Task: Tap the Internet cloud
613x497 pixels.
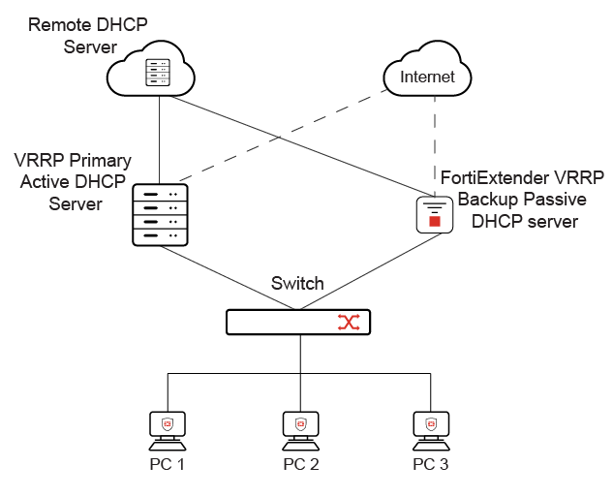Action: coord(427,76)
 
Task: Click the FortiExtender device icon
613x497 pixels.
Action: coord(435,214)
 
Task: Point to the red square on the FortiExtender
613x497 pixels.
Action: coord(435,222)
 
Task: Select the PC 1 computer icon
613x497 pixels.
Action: coord(168,427)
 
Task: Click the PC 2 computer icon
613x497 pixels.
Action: coord(300,427)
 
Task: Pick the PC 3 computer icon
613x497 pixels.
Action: coord(430,427)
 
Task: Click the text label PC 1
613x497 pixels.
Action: coord(168,464)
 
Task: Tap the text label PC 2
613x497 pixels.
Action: coord(300,464)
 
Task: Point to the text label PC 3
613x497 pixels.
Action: coord(430,464)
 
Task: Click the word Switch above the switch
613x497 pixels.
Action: coord(297,284)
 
